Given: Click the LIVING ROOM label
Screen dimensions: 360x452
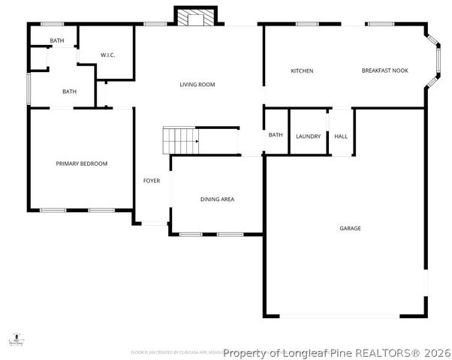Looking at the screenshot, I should [x=197, y=85].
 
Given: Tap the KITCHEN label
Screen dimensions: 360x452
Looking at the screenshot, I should [x=302, y=71].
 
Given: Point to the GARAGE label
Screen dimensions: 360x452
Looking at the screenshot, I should [x=350, y=228].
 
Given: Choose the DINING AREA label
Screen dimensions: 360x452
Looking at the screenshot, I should [x=217, y=199].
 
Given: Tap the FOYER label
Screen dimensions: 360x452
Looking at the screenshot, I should [x=152, y=181].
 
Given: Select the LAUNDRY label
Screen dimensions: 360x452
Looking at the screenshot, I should [x=308, y=136].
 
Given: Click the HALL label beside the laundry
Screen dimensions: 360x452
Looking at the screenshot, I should [x=341, y=136].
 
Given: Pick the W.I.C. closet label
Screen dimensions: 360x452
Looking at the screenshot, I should [x=107, y=55].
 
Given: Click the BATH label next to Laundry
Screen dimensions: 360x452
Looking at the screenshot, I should [x=276, y=135].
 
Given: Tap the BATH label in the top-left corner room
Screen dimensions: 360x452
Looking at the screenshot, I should [x=56, y=40].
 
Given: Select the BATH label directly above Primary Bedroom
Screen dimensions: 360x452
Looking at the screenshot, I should [x=69, y=92].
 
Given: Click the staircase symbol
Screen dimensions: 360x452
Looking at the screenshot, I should [x=181, y=140].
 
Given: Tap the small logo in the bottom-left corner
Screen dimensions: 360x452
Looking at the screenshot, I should [x=14, y=341].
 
